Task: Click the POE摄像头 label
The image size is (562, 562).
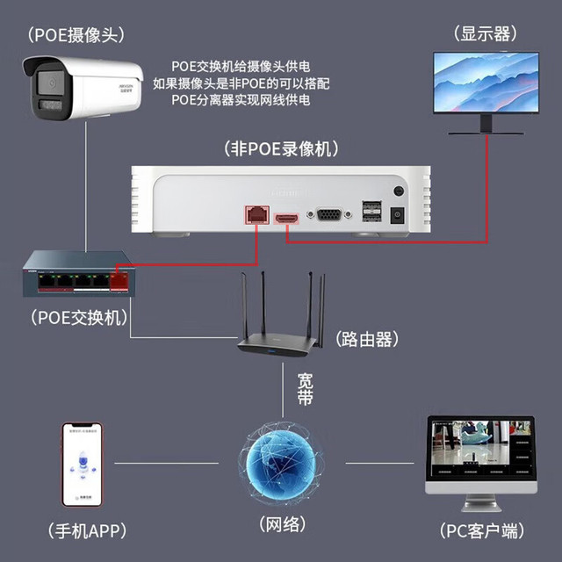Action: coord(76,35)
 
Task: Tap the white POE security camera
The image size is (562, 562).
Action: coord(83,88)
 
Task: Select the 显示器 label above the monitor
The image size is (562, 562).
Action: coord(486,34)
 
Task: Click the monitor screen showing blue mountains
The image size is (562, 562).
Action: coord(486,82)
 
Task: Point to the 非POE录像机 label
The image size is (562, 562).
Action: coord(281,148)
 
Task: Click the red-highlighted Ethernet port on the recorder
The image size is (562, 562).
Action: coord(257,214)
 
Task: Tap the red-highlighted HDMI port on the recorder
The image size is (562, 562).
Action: coord(286,219)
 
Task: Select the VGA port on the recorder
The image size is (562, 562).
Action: coord(329,214)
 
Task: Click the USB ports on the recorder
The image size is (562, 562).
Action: coord(371,211)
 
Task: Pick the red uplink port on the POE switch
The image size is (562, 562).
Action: coord(119,282)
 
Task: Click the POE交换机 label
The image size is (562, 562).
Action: coord(79,318)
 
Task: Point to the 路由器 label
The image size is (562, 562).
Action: coord(367,339)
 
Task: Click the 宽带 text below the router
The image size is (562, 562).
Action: coord(305,389)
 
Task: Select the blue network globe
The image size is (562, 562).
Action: coord(281,463)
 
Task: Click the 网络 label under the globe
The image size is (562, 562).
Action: coord(283,525)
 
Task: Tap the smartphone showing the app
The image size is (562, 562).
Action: coord(83,465)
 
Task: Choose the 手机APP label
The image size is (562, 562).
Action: coord(88,530)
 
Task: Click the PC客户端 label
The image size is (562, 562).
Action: coord(482,530)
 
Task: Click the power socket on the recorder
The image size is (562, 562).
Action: coord(397,215)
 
